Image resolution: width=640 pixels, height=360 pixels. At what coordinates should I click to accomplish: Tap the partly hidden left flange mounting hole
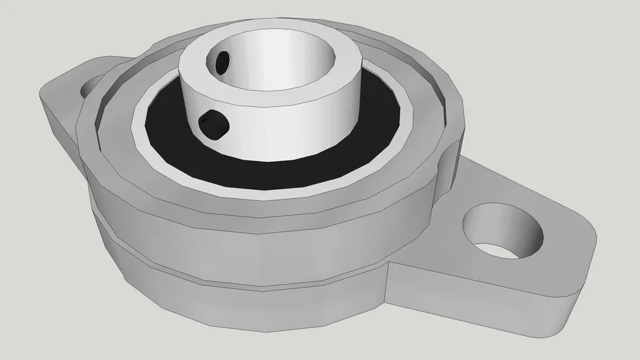click(x=90, y=86)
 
